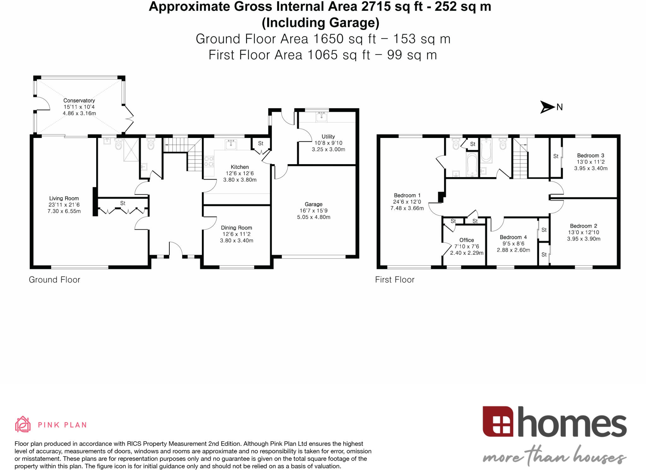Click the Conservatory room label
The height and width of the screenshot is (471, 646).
(79, 100)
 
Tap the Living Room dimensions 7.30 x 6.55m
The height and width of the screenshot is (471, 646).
(64, 211)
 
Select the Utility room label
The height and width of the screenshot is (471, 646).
(328, 137)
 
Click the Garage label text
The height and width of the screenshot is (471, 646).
(314, 204)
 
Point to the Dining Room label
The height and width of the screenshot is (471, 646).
(236, 228)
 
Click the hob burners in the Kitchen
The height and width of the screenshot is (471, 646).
(209, 161)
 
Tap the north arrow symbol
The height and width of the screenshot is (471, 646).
(547, 107)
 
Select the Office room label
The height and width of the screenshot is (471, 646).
(467, 240)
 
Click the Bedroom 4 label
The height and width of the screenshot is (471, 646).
(513, 237)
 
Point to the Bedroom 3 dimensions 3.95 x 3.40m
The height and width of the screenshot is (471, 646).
(590, 168)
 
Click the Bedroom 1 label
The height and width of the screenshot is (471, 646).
(407, 195)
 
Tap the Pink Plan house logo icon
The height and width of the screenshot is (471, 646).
(23, 424)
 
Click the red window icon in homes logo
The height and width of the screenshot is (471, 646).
(498, 421)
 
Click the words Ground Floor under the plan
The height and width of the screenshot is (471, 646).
(55, 280)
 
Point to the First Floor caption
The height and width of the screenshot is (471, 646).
(395, 280)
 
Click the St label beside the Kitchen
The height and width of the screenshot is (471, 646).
(261, 143)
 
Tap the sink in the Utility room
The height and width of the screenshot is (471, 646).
(321, 117)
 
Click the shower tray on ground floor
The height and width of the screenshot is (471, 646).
(131, 150)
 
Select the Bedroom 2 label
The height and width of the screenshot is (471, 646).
(583, 226)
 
